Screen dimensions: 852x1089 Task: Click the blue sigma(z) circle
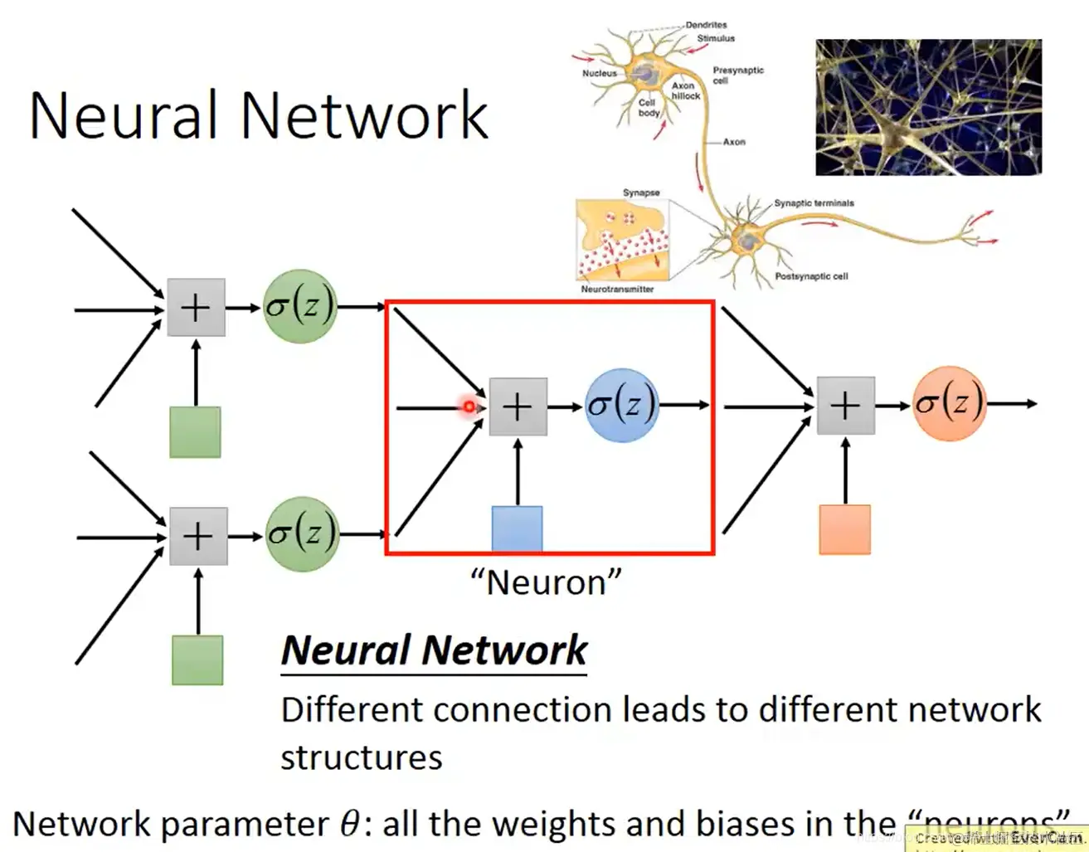[x=621, y=405]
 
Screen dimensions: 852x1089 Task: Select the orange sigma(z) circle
[x=949, y=403]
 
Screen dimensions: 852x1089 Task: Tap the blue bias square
[x=517, y=528]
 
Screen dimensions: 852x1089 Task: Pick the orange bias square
[x=844, y=529]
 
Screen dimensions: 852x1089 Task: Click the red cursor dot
[x=469, y=407]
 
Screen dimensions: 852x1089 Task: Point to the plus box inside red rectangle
[x=518, y=407]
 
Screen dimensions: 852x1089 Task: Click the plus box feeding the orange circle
[x=845, y=406]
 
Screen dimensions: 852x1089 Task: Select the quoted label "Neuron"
[x=546, y=582]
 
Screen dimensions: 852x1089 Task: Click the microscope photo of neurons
[x=928, y=107]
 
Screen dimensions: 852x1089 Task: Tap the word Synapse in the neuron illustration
[x=641, y=192]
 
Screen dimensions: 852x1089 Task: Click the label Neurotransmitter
[x=617, y=290]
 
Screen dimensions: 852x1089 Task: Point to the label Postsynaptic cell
[x=811, y=276]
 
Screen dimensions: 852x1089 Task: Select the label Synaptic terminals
[x=814, y=203]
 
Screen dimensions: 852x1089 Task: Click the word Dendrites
[x=706, y=25]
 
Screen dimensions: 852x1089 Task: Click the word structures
[x=362, y=757]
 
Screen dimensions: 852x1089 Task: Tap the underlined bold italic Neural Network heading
[x=434, y=650]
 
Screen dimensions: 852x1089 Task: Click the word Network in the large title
[x=364, y=115]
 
